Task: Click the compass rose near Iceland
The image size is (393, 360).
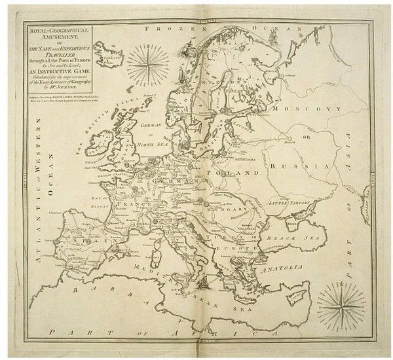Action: (147, 63)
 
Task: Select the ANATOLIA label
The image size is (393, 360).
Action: (284, 268)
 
